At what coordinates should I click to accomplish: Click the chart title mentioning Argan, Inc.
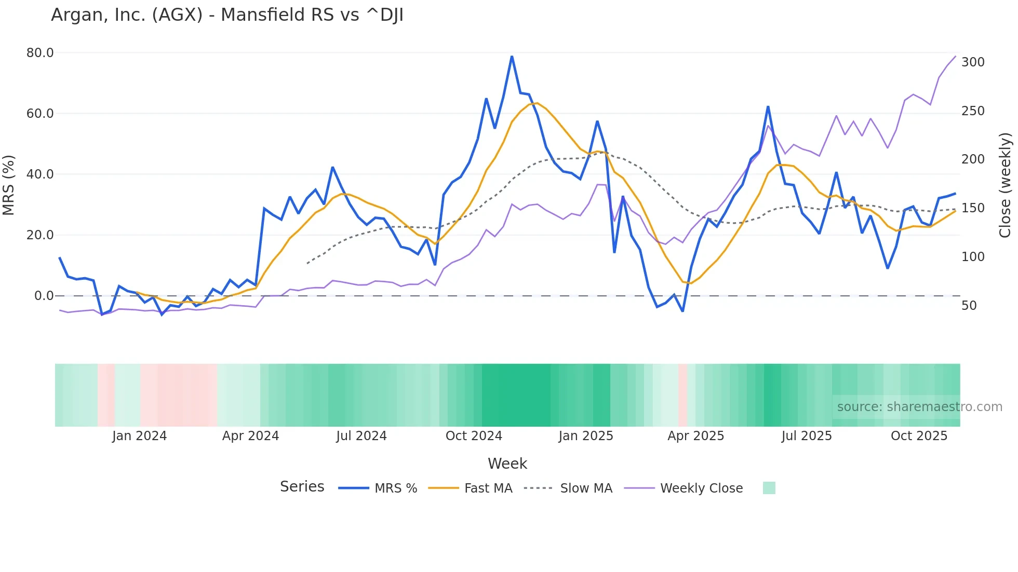(x=227, y=15)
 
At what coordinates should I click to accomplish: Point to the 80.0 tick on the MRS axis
(x=40, y=53)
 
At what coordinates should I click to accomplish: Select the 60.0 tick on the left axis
(x=40, y=114)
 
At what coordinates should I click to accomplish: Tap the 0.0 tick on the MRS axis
(x=44, y=296)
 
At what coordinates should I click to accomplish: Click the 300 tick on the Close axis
(x=972, y=62)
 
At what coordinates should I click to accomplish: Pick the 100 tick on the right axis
(x=972, y=257)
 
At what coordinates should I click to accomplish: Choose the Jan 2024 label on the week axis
(x=139, y=436)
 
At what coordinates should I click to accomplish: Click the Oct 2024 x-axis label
(x=474, y=436)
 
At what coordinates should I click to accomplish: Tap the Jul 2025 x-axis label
(x=807, y=436)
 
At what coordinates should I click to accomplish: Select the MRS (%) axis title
(x=9, y=185)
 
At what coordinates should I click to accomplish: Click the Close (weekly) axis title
(x=1006, y=185)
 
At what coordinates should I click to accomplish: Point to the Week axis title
(x=507, y=464)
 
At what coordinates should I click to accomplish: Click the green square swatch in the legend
(x=769, y=488)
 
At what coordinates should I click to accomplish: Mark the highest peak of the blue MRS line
(x=512, y=57)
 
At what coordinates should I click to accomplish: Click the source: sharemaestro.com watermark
(x=919, y=407)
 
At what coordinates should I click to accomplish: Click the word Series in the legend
(x=302, y=487)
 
